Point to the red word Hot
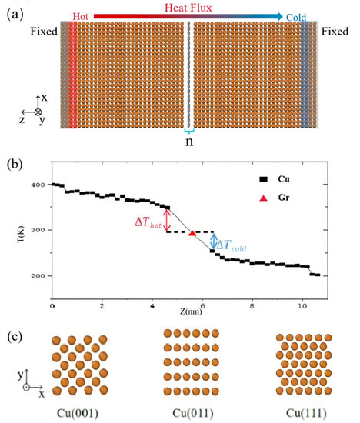point(81,16)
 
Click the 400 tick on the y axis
point(38,185)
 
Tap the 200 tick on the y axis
point(38,275)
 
